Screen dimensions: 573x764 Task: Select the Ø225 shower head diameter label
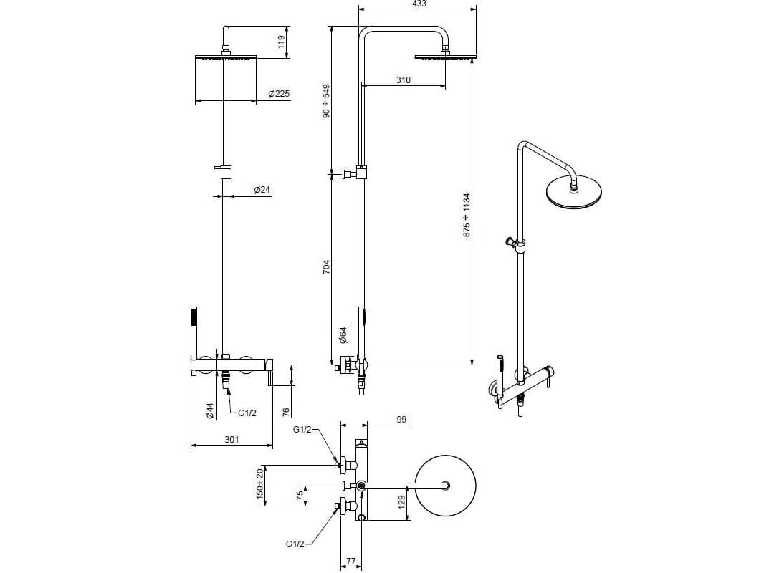click(278, 94)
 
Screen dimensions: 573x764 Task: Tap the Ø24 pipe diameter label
click(262, 190)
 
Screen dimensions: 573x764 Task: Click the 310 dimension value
click(404, 80)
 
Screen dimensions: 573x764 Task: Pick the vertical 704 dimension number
click(327, 268)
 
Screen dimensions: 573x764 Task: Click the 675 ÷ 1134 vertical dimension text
click(467, 215)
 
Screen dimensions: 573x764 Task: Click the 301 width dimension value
click(231, 440)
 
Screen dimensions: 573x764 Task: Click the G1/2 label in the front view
click(247, 413)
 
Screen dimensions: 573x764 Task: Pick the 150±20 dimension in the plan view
click(261, 486)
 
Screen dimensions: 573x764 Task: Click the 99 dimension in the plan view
click(401, 419)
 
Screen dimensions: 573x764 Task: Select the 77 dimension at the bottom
click(351, 562)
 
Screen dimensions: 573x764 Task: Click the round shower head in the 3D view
click(573, 192)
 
